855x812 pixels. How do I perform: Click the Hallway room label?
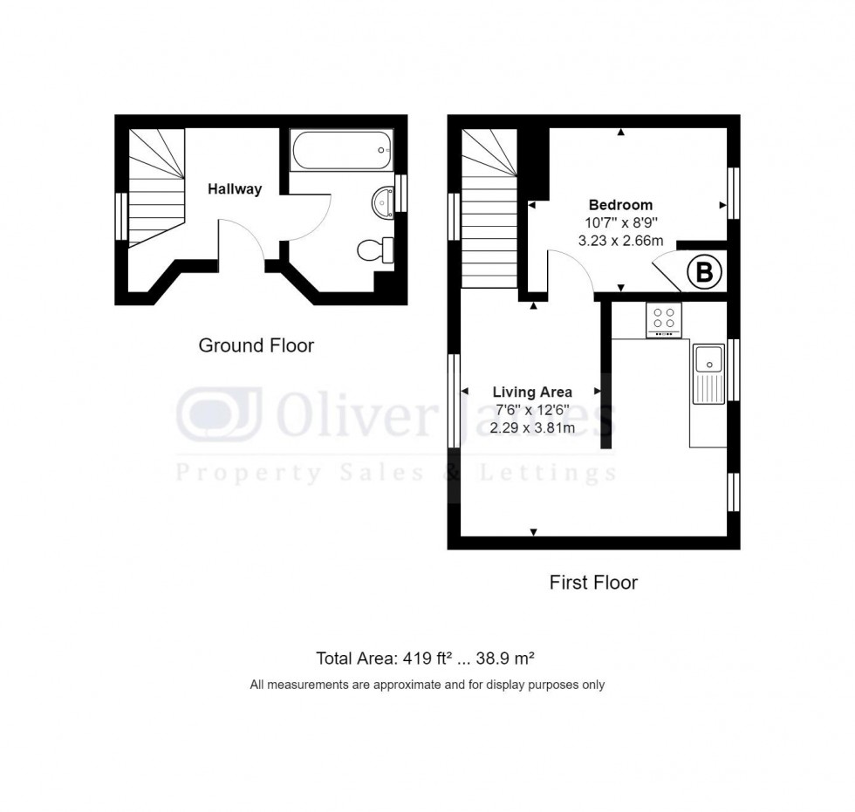click(x=234, y=188)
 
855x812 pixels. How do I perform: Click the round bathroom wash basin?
click(x=382, y=201)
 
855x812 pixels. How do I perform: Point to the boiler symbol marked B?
click(x=704, y=272)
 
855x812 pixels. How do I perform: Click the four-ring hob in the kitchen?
click(x=663, y=318)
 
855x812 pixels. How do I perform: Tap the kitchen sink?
click(x=708, y=373)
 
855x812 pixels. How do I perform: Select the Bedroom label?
click(x=620, y=206)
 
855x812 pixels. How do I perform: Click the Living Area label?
click(x=532, y=392)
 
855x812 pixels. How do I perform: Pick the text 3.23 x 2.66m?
click(x=620, y=241)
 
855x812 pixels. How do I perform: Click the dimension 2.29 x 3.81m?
click(x=532, y=427)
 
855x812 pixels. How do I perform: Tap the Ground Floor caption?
click(x=256, y=345)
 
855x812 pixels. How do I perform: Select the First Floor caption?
click(x=593, y=582)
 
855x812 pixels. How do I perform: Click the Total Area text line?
click(x=430, y=658)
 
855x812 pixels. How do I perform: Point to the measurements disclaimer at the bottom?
click(x=427, y=685)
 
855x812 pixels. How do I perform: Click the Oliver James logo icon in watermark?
click(x=218, y=415)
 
